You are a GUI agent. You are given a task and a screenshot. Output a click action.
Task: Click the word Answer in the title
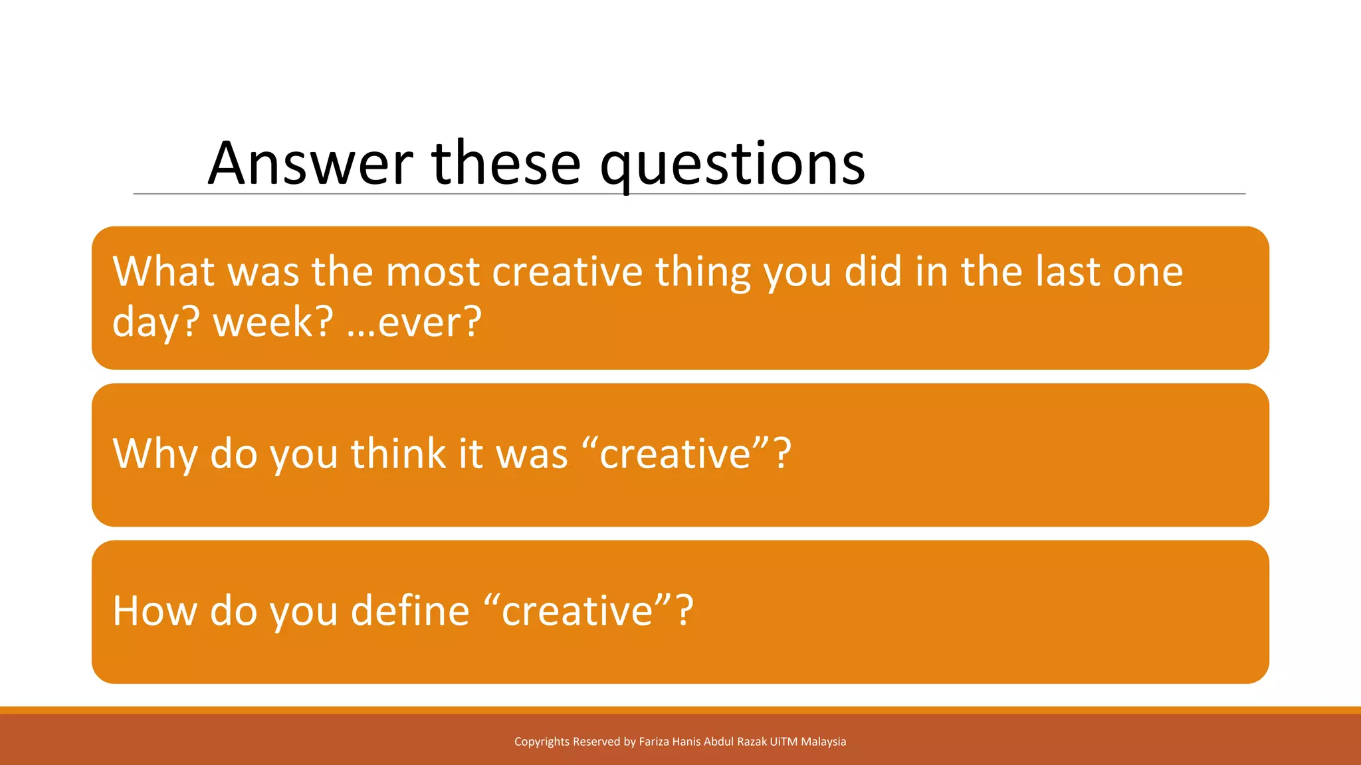(310, 163)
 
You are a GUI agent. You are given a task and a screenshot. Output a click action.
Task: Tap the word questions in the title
(732, 165)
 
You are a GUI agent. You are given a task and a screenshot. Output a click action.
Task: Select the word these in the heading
(506, 163)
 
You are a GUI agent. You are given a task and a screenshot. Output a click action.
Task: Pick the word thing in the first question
(703, 272)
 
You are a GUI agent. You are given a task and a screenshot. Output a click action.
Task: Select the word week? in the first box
(273, 322)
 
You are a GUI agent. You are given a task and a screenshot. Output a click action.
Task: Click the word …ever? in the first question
(414, 322)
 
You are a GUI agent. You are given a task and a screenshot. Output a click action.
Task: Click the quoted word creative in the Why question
(675, 454)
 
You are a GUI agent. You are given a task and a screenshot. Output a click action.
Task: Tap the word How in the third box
(155, 611)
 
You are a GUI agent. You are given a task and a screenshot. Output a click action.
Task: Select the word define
(410, 611)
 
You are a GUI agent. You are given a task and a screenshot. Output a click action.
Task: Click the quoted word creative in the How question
(577, 611)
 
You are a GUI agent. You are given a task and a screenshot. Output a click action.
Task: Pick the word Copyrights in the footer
(542, 742)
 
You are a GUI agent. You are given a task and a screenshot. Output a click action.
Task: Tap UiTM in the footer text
(784, 742)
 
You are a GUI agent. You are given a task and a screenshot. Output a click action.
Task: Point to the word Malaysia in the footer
(823, 742)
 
